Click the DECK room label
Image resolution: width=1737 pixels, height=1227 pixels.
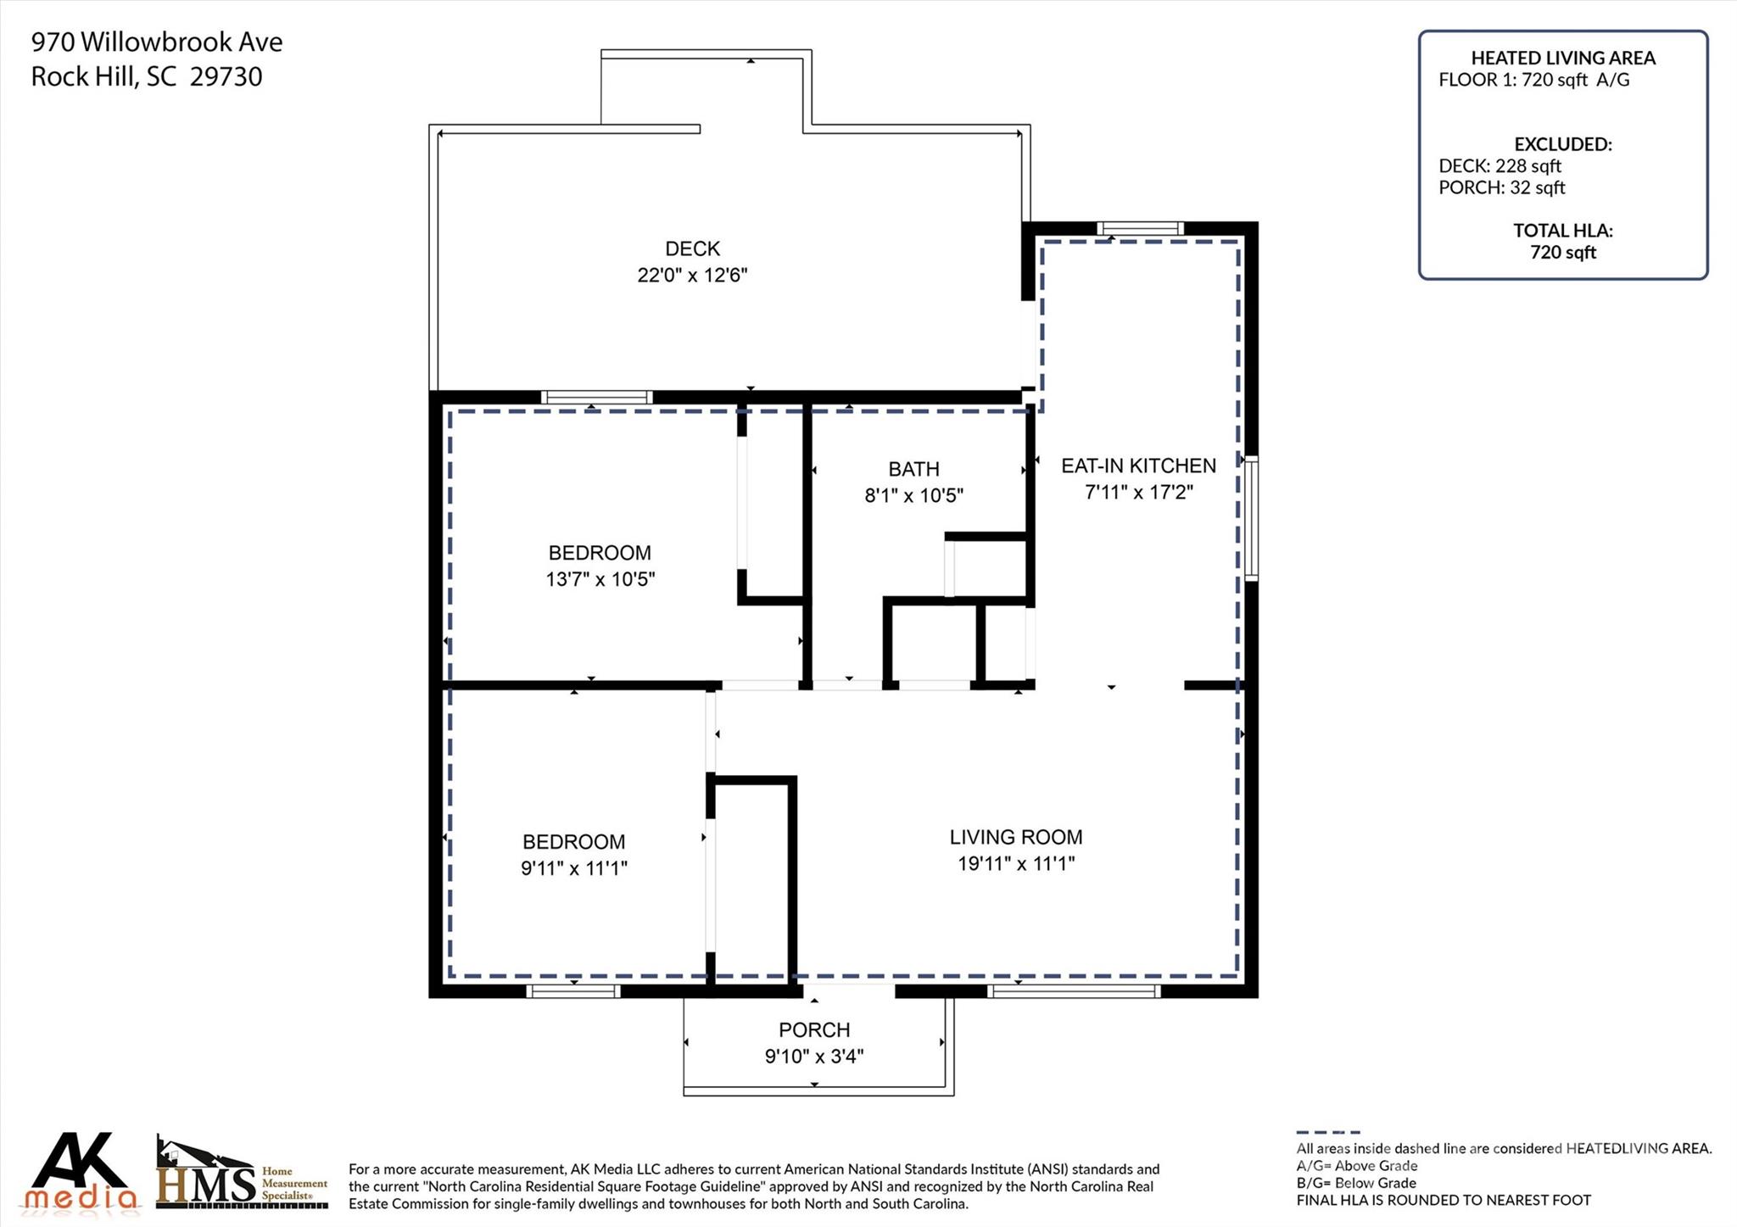[x=692, y=248]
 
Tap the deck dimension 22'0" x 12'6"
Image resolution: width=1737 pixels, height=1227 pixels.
[x=692, y=276]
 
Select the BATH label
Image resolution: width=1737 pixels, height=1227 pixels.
[x=913, y=469]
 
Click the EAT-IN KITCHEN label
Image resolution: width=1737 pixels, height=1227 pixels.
[x=1138, y=466]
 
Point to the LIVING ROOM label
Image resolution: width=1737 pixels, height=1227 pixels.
[x=1015, y=837]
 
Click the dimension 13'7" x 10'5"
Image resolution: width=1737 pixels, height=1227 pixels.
[x=600, y=579]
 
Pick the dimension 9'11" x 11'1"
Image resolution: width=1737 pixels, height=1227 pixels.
[x=573, y=868]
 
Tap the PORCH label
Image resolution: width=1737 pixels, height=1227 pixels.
[x=813, y=1029]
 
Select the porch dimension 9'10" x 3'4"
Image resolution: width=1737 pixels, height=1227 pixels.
[x=813, y=1057]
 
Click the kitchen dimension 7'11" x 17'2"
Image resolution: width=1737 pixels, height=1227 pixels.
[x=1138, y=492]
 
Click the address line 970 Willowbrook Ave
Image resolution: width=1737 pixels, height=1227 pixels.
[x=157, y=42]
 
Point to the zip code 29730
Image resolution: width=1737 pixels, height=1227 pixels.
[x=226, y=77]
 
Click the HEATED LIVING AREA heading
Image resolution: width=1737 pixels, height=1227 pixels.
[x=1562, y=58]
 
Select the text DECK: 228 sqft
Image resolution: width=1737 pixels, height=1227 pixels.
[x=1500, y=166]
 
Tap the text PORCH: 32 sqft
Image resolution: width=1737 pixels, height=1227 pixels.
[x=1501, y=187]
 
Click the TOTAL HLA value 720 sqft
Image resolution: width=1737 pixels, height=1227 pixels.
[x=1562, y=252]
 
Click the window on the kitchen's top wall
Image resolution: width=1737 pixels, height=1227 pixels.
[x=1139, y=228]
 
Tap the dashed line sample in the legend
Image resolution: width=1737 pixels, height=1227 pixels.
[x=1327, y=1132]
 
